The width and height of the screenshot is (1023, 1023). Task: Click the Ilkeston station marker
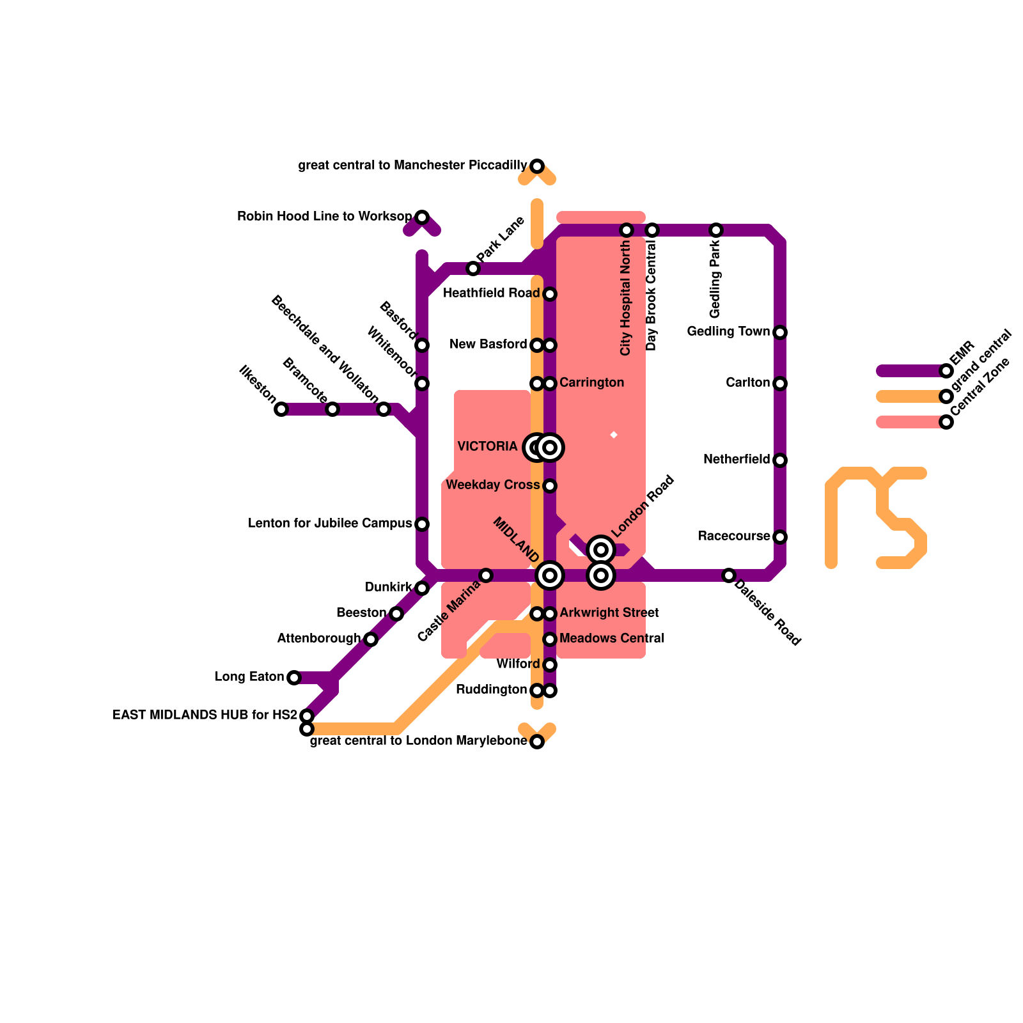tap(281, 409)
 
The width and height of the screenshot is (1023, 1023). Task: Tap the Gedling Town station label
tap(728, 331)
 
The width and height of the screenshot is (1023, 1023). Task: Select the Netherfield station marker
tap(780, 460)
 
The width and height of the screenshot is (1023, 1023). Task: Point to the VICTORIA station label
tap(487, 446)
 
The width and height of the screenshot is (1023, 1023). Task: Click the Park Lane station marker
tap(473, 269)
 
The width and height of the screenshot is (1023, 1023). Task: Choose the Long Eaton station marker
tap(294, 678)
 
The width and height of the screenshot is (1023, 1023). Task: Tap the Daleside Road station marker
tap(729, 575)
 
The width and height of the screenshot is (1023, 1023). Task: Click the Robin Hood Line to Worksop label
tap(324, 216)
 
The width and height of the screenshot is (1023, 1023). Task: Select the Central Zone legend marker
tap(946, 422)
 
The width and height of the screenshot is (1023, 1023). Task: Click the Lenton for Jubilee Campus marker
tap(422, 524)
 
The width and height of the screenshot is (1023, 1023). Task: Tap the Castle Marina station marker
tap(486, 575)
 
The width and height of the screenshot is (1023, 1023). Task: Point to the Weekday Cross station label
tap(492, 485)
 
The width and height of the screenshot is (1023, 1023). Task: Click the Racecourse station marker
tap(780, 537)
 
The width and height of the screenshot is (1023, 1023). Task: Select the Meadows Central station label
tap(611, 638)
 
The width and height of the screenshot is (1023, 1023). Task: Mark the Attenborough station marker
tap(371, 639)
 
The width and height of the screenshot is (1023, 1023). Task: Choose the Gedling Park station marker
tap(716, 230)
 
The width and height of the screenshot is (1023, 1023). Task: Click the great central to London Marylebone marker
tap(537, 742)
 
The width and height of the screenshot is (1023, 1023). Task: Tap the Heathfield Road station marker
tap(550, 294)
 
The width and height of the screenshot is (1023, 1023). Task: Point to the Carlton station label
tap(747, 382)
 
